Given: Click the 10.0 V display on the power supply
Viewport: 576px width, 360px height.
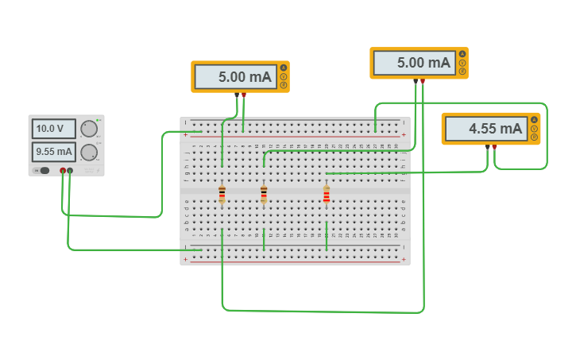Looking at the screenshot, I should (53, 129).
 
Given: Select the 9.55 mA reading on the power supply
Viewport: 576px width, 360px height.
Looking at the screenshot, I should (53, 151).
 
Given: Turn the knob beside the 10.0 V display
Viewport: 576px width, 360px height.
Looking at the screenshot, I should (90, 129).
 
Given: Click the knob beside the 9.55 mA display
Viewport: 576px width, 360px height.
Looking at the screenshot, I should (90, 152).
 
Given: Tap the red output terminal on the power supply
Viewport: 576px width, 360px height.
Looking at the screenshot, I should (63, 170).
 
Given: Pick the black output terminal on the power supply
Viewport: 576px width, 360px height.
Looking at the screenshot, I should (70, 170).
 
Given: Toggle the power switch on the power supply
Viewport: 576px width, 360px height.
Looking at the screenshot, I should (44, 170).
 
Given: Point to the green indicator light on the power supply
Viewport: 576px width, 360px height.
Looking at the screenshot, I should (97, 120).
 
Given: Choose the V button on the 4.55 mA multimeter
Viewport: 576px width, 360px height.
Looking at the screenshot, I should (534, 129).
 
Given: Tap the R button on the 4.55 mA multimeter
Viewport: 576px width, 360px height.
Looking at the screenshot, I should (534, 137).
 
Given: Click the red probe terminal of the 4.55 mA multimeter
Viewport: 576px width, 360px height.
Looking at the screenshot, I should (494, 147).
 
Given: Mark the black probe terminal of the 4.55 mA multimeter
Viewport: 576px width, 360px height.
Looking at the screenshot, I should (487, 147).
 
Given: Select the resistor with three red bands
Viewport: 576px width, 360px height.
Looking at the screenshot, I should (326, 195).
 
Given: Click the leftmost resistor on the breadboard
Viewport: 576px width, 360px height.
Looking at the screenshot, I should (222, 195).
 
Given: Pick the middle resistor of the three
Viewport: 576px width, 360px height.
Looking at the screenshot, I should (264, 195).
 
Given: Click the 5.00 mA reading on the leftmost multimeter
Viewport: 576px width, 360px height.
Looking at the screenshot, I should (235, 77).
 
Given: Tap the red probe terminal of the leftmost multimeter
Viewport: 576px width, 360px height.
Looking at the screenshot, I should (244, 95).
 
